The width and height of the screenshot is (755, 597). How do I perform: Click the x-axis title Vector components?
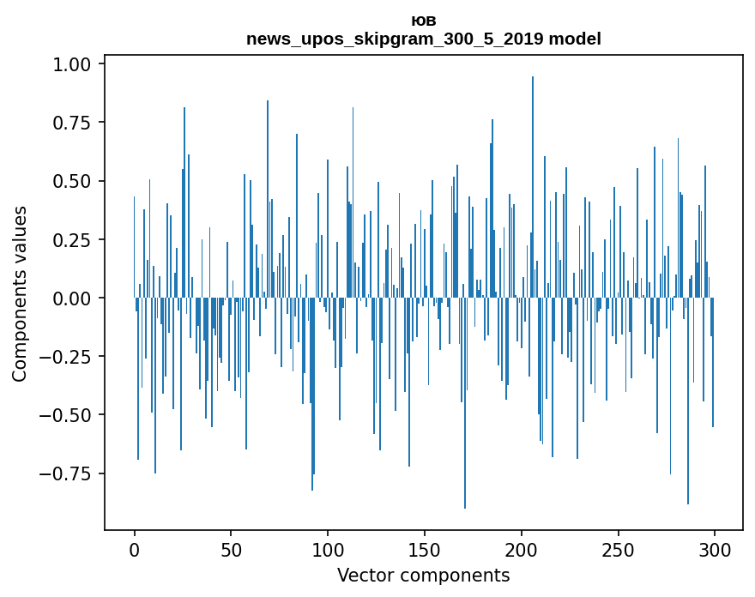(423, 576)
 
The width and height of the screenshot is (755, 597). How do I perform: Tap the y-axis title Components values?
(20, 293)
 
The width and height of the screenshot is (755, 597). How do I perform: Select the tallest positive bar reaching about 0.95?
(533, 189)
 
